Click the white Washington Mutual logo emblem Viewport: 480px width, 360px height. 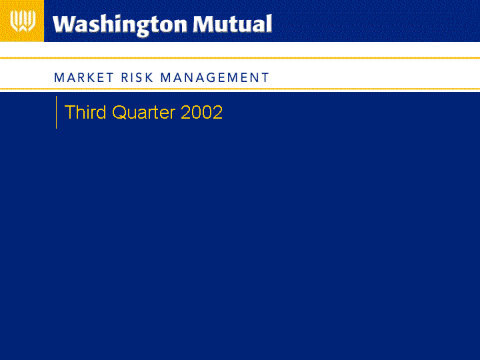coord(23,21)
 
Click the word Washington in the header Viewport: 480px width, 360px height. coord(120,25)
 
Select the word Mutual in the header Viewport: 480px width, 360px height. coord(233,23)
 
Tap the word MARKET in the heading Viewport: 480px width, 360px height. coord(83,77)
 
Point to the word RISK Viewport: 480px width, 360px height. coord(137,77)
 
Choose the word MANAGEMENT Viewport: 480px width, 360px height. coord(215,77)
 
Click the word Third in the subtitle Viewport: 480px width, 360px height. coord(85,112)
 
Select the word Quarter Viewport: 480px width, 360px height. coord(143,113)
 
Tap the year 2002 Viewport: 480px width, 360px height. coord(202,112)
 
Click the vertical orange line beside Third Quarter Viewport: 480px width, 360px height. coord(56,113)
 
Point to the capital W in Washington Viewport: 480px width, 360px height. coord(65,24)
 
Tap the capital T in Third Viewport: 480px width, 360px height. coord(69,112)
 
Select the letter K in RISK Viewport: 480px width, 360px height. coord(149,77)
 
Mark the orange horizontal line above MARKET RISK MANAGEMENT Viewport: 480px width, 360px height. coord(240,57)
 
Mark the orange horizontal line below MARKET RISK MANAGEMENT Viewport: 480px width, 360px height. coord(240,89)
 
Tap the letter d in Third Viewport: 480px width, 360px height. coord(101,112)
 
